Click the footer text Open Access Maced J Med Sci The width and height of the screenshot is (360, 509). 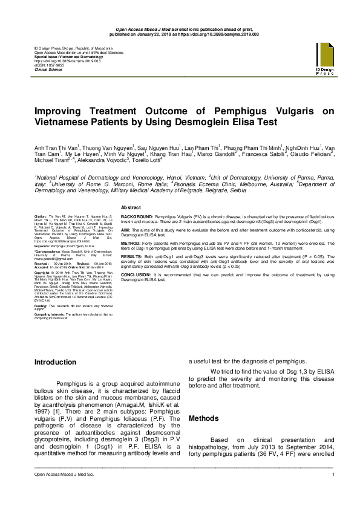(59, 496)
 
